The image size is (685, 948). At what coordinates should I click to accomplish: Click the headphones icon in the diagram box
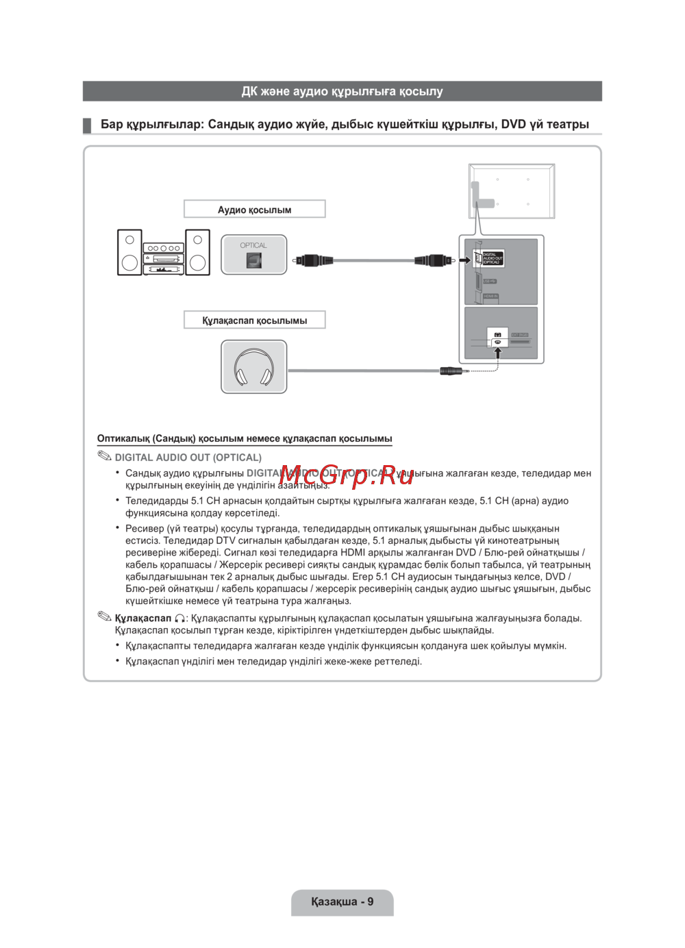tap(253, 367)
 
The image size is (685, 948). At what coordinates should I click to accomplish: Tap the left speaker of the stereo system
tap(129, 253)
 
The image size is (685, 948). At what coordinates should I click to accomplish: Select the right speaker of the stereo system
tap(197, 253)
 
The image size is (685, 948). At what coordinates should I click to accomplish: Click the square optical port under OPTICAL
tap(253, 260)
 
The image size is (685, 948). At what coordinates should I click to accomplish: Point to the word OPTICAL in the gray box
tap(253, 245)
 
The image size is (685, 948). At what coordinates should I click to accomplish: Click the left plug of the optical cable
tap(313, 260)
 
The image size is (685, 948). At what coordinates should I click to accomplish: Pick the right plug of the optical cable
tap(434, 260)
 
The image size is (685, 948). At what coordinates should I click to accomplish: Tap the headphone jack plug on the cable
tap(453, 371)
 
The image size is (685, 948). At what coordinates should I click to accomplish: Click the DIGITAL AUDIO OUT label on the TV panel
tap(492, 258)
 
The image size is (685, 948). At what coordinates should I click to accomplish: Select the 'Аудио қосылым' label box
tap(254, 210)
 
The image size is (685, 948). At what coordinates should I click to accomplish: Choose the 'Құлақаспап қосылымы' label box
tap(254, 321)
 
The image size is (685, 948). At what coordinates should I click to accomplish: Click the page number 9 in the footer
tap(371, 901)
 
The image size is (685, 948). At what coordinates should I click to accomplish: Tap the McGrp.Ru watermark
tap(346, 475)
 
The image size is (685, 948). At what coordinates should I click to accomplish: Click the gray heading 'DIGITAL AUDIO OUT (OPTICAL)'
tap(188, 458)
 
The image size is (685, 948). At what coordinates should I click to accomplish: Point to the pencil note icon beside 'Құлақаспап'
tap(104, 616)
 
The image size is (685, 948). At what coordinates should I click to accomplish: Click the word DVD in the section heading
tap(513, 125)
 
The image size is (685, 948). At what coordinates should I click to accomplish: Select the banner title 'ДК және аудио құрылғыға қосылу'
tap(342, 91)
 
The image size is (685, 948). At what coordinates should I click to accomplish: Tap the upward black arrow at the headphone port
tap(498, 352)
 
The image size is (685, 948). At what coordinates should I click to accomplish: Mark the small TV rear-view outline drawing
tap(512, 191)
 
